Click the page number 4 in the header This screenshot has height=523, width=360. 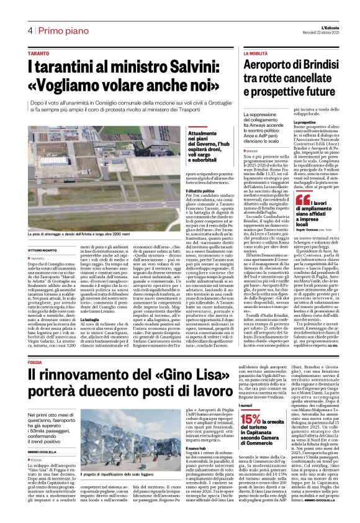click(x=29, y=31)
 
